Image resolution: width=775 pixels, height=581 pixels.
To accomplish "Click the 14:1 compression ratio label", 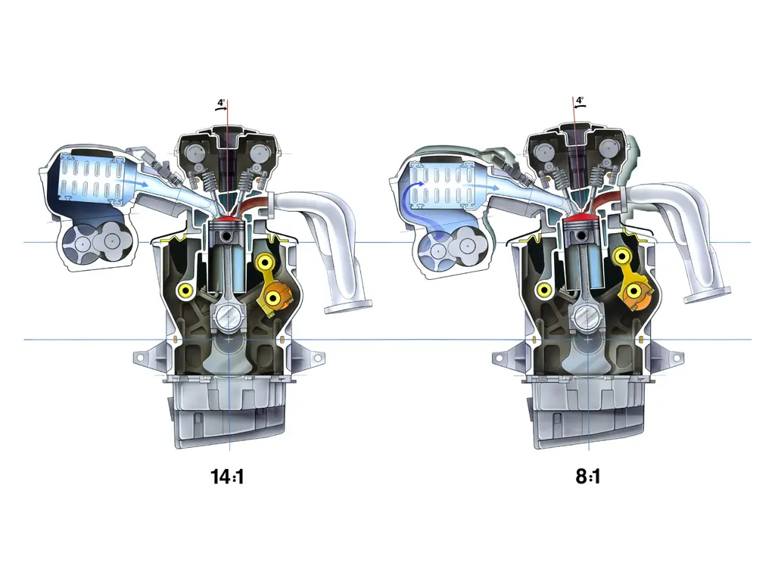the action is click(x=227, y=477).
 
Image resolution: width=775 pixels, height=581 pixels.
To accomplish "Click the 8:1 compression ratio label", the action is click(x=588, y=477).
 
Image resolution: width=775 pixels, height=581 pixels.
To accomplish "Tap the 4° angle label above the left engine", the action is click(x=221, y=103).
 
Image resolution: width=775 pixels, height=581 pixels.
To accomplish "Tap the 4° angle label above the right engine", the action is click(x=580, y=101).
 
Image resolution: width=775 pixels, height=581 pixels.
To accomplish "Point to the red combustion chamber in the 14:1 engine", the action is click(x=226, y=217).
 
